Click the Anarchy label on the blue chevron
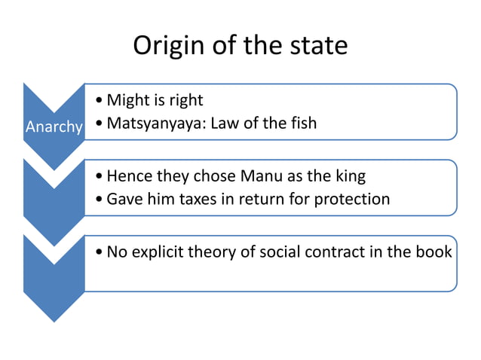click(54, 127)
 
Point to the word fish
click(302, 123)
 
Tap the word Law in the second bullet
click(225, 123)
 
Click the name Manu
click(264, 177)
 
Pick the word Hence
click(130, 177)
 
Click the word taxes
click(198, 200)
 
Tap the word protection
click(353, 200)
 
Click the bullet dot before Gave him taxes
click(100, 200)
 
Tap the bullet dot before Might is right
click(100, 101)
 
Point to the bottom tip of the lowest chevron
click(54, 322)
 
